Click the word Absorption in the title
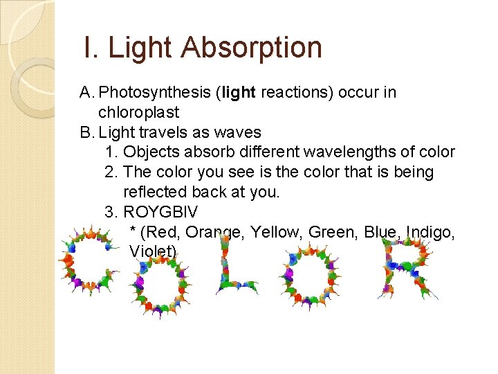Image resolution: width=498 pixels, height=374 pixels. pyautogui.click(x=252, y=48)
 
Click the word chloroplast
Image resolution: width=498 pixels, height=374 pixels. pyautogui.click(x=139, y=112)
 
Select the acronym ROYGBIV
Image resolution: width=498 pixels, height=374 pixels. pyautogui.click(x=160, y=212)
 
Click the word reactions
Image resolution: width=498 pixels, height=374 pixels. pyautogui.click(x=297, y=93)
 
